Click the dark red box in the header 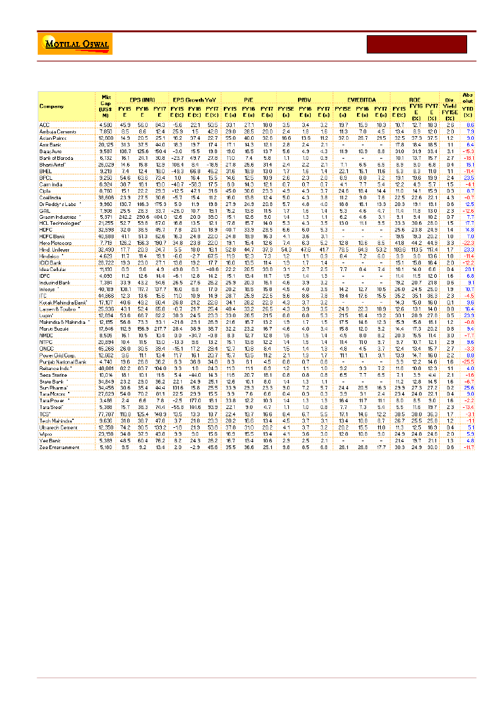[x=417, y=44]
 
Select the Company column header [x=51, y=106]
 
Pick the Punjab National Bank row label [x=61, y=362]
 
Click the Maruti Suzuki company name [x=55, y=328]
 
